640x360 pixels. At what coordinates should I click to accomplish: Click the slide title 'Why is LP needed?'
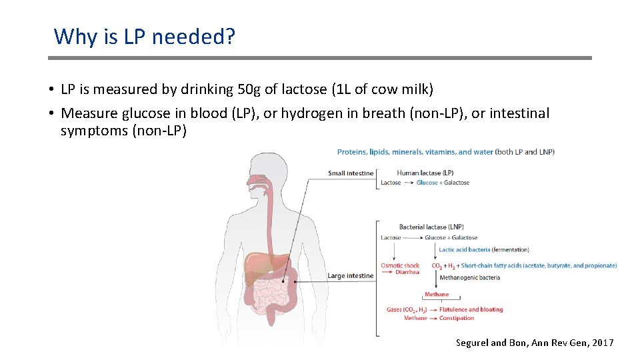[x=145, y=36]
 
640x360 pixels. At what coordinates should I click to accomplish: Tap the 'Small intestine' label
[x=351, y=173]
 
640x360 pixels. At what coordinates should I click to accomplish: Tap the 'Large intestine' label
[x=351, y=275]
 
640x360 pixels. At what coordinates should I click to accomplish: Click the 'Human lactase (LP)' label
[x=425, y=173]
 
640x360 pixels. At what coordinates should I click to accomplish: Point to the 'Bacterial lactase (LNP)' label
[x=431, y=227]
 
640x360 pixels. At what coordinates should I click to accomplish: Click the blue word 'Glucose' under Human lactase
[x=427, y=183]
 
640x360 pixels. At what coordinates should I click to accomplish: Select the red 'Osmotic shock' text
[x=400, y=265]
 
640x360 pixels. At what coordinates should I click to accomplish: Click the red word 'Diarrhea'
[x=407, y=272]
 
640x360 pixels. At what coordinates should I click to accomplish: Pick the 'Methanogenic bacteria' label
[x=470, y=277]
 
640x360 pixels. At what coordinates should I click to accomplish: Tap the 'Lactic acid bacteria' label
[x=465, y=250]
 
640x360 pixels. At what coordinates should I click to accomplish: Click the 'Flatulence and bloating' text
[x=471, y=309]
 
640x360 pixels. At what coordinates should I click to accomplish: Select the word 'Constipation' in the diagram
[x=457, y=318]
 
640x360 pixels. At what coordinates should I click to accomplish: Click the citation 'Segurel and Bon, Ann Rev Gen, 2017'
[x=535, y=343]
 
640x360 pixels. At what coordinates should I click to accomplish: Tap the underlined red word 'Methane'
[x=437, y=294]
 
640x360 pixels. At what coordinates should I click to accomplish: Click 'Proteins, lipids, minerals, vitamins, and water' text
[x=415, y=152]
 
